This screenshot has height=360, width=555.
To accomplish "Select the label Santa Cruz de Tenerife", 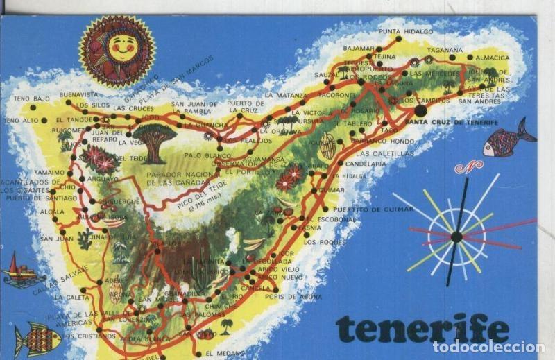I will coord(461,123).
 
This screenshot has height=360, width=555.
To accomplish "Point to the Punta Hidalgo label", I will coord(406,31).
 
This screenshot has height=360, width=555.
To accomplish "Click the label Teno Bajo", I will coord(31,98).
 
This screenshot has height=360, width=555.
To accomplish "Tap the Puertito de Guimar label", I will coord(367,209).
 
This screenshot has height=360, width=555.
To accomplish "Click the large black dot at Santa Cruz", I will coord(421,110).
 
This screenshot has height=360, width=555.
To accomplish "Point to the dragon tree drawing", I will coord(154,141).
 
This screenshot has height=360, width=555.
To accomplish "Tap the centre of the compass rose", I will coord(456,237).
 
